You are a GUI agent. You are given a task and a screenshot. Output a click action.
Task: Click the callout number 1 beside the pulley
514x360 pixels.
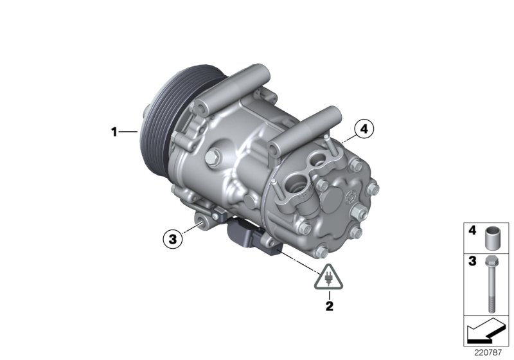click(114, 132)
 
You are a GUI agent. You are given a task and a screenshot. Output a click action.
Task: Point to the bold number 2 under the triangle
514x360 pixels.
click(329, 306)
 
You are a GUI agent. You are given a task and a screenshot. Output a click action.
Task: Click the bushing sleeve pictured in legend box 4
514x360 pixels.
click(492, 235)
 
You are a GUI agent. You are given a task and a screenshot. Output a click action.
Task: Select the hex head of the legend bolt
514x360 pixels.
click(491, 262)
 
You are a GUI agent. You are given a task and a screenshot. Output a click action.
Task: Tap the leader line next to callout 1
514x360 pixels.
click(128, 132)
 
